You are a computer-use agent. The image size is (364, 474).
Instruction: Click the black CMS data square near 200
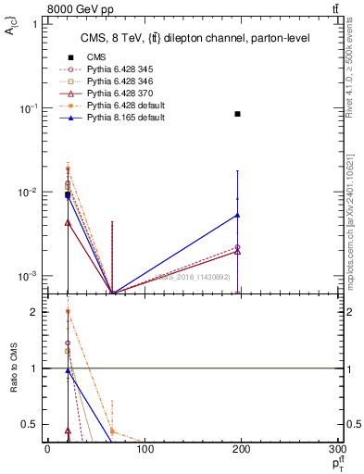pyautogui.click(x=238, y=114)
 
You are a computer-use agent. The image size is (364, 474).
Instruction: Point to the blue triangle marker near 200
pyautogui.click(x=238, y=215)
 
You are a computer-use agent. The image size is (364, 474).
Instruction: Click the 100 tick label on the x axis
pyautogui.click(x=144, y=449)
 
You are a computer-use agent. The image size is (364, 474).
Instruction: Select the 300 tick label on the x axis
pyautogui.click(x=339, y=449)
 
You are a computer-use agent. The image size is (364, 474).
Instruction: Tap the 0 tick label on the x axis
pyautogui.click(x=47, y=449)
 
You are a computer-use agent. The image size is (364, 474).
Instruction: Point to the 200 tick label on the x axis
pyautogui.click(x=242, y=449)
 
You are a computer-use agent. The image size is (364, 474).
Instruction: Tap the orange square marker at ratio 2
pyautogui.click(x=68, y=312)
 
